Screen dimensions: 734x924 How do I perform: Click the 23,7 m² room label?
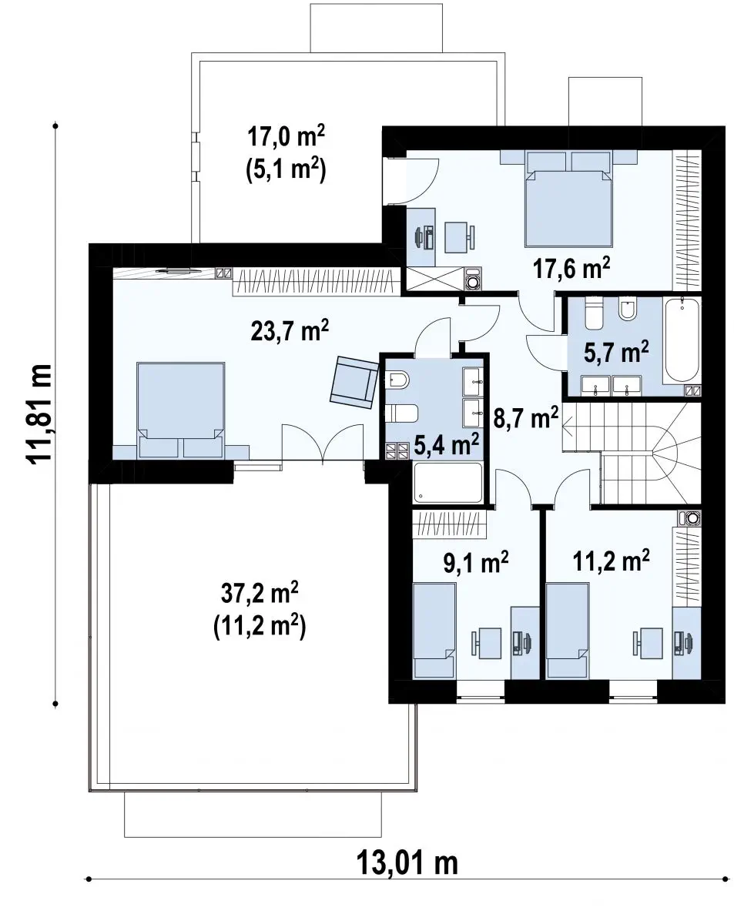pyautogui.click(x=290, y=331)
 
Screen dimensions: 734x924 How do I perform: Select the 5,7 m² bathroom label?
pyautogui.click(x=616, y=352)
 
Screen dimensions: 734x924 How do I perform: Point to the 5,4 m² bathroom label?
pyautogui.click(x=446, y=444)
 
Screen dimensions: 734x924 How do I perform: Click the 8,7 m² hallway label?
pyautogui.click(x=526, y=417)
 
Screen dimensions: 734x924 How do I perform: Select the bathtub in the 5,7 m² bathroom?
pyautogui.click(x=681, y=340)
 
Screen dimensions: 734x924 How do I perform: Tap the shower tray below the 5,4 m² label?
pyautogui.click(x=447, y=483)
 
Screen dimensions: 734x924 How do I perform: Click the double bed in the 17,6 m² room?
pyautogui.click(x=568, y=199)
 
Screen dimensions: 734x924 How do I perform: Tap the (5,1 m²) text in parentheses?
pyautogui.click(x=286, y=169)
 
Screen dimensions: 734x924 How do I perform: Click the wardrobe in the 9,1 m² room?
pyautogui.click(x=450, y=524)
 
